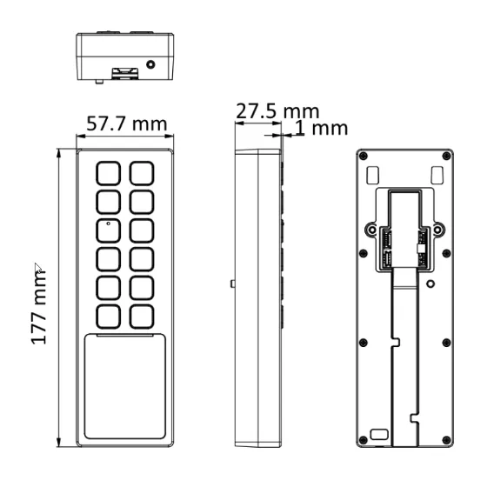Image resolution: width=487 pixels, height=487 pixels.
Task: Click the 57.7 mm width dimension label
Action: coord(127,123)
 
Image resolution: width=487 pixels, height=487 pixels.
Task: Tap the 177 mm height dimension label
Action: coord(39,308)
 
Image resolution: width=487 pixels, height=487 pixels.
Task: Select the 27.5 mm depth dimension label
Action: coord(277,111)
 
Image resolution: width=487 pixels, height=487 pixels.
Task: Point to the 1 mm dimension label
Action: coord(322,129)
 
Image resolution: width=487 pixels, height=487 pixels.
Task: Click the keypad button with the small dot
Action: coord(108,230)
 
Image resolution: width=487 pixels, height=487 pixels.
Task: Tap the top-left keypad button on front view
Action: coord(108,173)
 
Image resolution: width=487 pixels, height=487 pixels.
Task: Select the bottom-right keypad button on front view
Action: coord(142,317)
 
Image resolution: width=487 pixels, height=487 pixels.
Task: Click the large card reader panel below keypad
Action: coord(125,386)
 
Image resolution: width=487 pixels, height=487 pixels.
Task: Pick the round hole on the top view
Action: coord(150,64)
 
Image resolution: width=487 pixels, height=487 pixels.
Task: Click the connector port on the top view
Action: coord(125,73)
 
